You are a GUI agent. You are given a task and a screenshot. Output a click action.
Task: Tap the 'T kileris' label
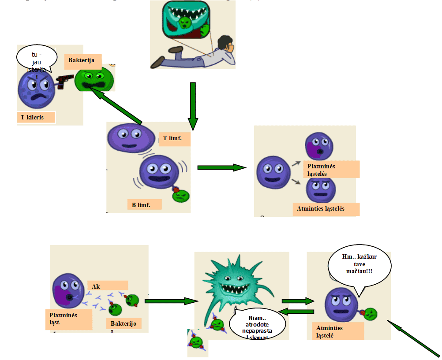[x=36, y=117]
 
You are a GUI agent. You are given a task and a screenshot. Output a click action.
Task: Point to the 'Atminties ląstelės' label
[x=326, y=209]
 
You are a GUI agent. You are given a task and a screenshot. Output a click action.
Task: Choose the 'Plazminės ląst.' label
[x=68, y=319]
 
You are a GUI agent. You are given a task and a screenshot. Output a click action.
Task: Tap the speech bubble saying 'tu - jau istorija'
[x=37, y=60]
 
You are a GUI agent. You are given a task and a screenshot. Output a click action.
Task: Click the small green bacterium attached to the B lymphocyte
[x=182, y=194]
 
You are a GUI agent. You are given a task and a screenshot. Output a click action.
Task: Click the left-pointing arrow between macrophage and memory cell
[x=297, y=312]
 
